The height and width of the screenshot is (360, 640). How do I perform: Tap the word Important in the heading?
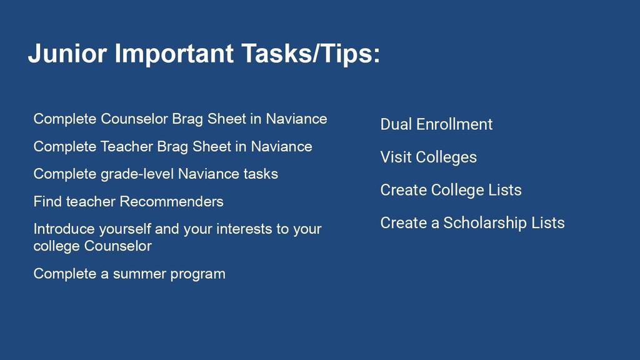tap(174, 54)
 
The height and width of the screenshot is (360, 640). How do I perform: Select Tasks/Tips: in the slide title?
tap(311, 54)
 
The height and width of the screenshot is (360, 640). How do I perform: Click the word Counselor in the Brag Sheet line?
tap(134, 119)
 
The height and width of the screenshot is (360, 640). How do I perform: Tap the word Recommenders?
tap(171, 202)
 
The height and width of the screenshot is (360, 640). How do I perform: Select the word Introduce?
tap(64, 229)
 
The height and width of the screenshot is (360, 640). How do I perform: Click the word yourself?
tap(125, 229)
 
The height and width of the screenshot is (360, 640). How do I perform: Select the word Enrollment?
tap(454, 124)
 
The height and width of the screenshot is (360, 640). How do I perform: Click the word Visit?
tap(396, 157)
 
